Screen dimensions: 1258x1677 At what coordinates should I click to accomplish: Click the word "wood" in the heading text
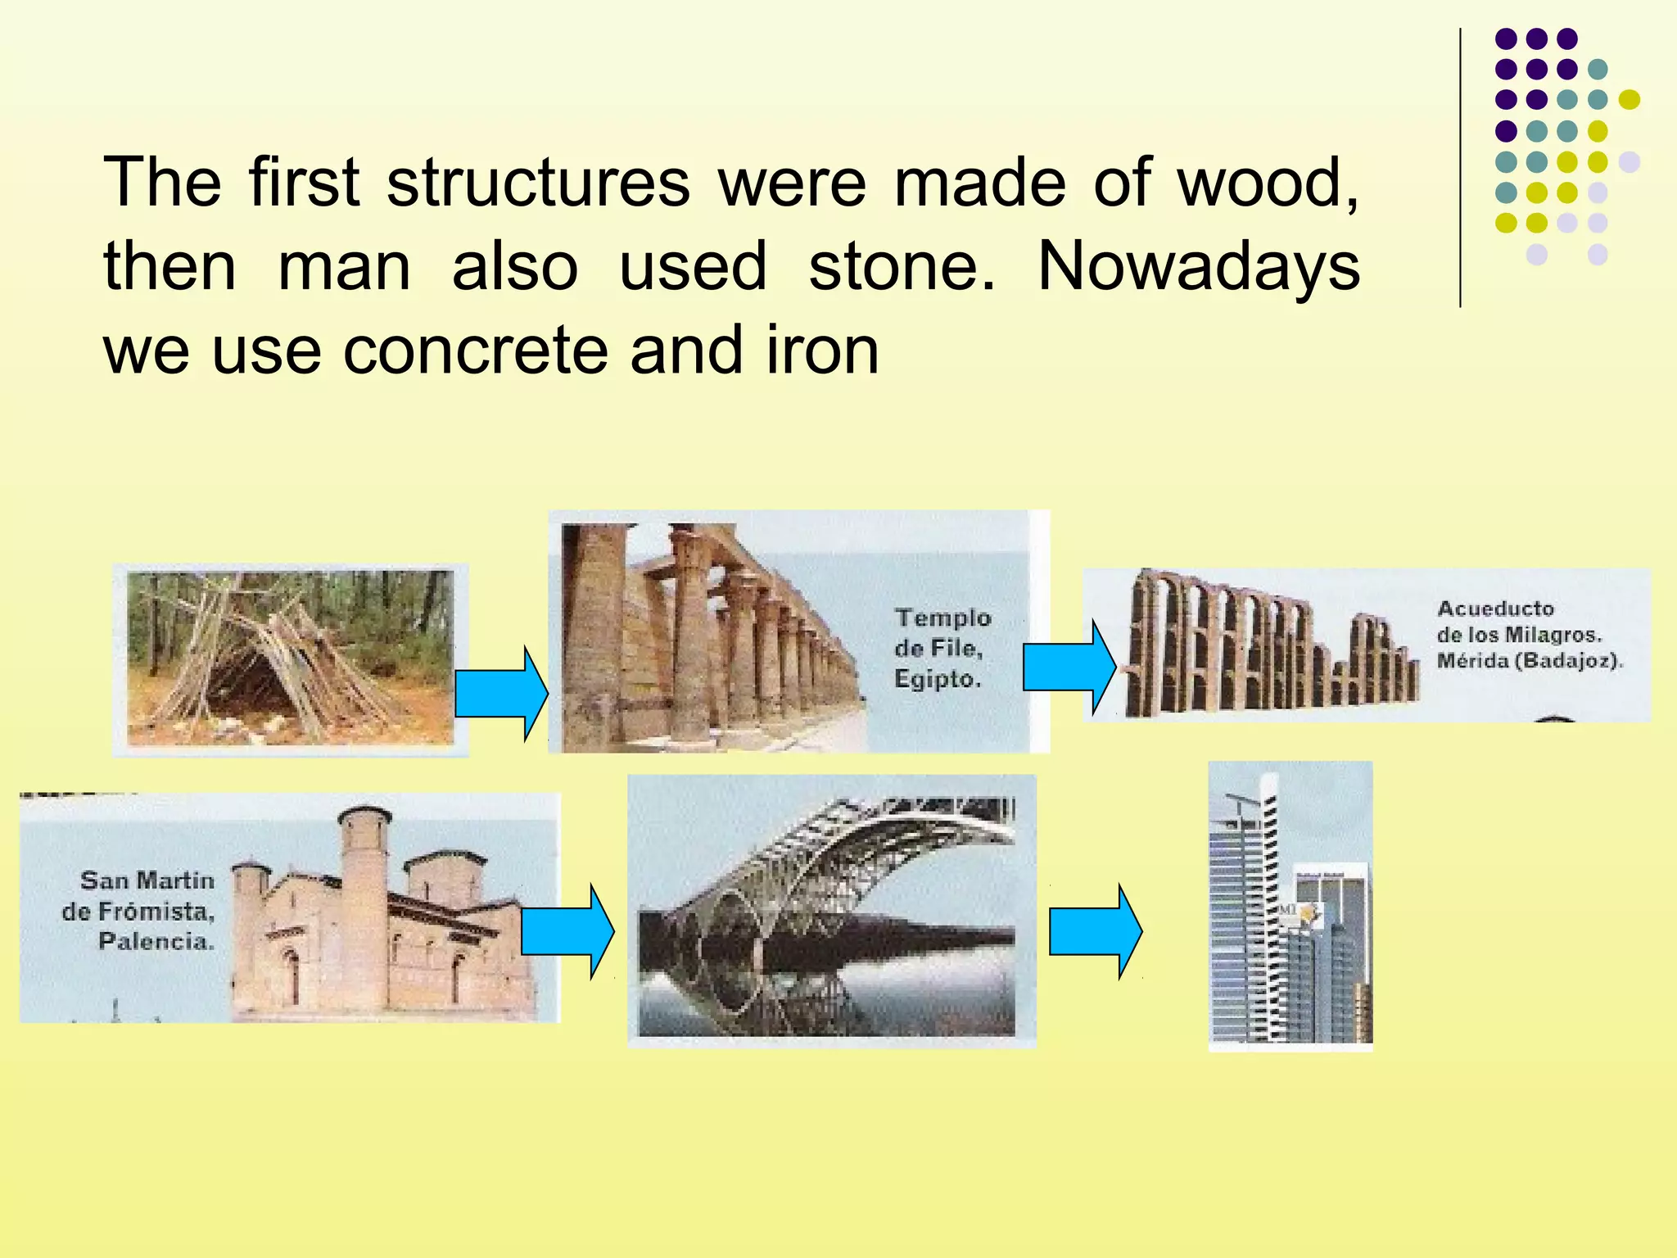1265,183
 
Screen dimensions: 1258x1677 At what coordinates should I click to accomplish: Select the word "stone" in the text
902,267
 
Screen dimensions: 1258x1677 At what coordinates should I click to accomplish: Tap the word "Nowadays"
1198,267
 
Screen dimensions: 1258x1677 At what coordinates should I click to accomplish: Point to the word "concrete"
476,351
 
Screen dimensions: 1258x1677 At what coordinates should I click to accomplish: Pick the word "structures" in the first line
538,183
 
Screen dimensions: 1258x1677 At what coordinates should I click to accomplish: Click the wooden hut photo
290,658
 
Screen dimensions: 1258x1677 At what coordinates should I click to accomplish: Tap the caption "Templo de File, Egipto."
942,648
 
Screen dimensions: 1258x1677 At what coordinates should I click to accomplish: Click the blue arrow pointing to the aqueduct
1069,667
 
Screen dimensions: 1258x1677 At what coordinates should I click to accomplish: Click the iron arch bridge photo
830,910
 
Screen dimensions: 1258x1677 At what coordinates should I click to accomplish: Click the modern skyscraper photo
1290,906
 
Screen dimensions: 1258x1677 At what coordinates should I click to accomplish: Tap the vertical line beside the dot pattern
1460,168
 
